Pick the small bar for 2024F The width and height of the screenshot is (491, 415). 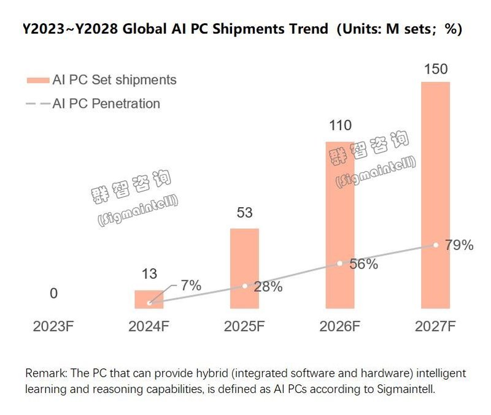point(149,299)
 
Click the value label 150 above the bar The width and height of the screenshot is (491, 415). point(435,69)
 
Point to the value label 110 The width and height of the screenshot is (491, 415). point(340,126)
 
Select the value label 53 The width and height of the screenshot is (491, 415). point(244,213)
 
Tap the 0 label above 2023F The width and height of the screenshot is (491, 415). point(53,294)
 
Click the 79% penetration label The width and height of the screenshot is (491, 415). point(459,246)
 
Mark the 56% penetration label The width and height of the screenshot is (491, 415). point(363,265)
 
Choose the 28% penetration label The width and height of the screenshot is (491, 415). point(268,286)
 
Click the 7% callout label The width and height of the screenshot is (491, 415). point(191,285)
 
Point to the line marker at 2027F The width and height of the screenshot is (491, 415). point(435,245)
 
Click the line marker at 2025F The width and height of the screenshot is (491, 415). point(244,286)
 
